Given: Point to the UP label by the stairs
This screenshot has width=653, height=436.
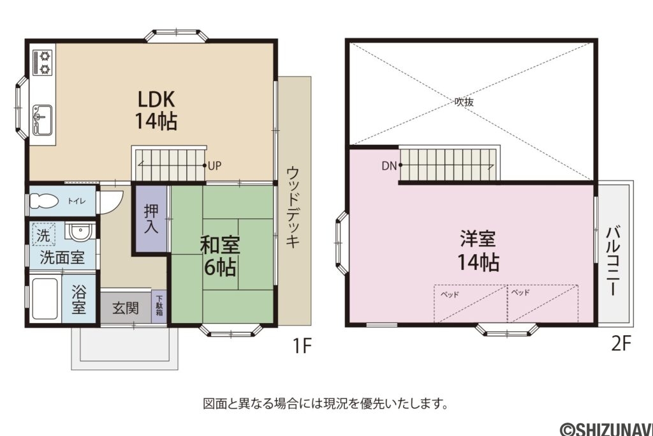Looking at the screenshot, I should [214, 165].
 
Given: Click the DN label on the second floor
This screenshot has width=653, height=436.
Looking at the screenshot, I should [389, 166].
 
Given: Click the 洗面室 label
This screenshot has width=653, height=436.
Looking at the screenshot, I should [62, 258].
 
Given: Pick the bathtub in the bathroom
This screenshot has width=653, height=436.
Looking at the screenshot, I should [45, 300].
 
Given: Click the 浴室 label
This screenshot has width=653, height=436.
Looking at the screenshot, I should [79, 299].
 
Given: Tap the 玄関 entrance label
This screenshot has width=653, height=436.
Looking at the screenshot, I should [126, 308].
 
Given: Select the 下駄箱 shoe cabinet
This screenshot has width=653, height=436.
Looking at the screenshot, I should [159, 306].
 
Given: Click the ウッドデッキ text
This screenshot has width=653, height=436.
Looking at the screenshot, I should [293, 207].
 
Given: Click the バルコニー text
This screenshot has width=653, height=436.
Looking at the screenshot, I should [614, 260].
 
